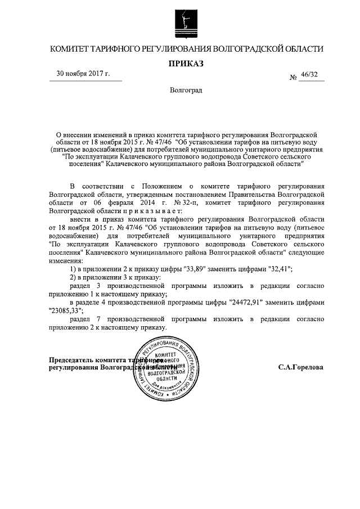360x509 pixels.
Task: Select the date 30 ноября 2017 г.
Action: pos(83,74)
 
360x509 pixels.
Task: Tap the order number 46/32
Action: pos(310,74)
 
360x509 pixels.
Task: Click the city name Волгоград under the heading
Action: pos(186,91)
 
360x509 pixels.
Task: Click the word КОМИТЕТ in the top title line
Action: pos(71,49)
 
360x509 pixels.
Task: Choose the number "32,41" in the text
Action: pos(279,269)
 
